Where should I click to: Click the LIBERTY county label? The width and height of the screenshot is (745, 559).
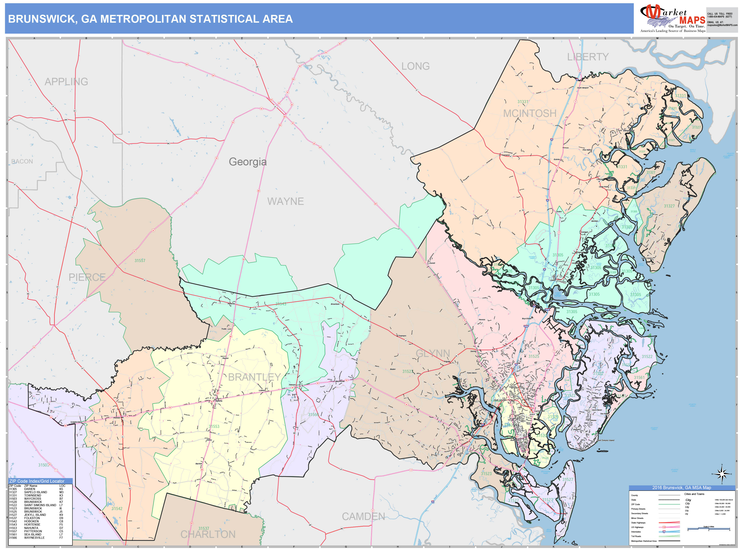(x=588, y=57)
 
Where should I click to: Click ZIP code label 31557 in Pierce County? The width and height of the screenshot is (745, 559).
(x=140, y=261)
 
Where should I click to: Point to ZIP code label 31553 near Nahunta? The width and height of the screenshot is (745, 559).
(x=214, y=427)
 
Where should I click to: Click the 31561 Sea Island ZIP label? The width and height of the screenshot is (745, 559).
(x=639, y=377)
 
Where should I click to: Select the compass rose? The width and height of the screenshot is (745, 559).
(x=722, y=474)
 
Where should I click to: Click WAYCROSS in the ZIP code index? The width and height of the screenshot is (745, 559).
(x=32, y=499)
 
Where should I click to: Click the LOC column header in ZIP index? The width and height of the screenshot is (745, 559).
(x=62, y=486)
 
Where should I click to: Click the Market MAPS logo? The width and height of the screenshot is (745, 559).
(x=672, y=19)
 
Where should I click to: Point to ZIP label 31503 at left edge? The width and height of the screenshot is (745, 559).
(x=44, y=465)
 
